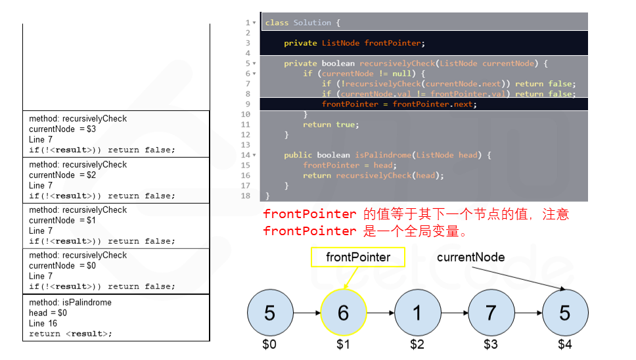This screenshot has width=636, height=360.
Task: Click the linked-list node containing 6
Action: click(x=343, y=313)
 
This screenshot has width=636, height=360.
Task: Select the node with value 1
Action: click(x=417, y=313)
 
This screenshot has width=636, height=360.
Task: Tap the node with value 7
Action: click(x=491, y=313)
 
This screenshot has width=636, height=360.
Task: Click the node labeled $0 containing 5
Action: click(x=269, y=313)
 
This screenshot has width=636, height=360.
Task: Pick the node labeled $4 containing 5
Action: click(x=565, y=313)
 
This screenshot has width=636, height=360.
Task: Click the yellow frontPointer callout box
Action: click(x=358, y=257)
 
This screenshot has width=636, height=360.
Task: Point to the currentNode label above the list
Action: click(x=470, y=257)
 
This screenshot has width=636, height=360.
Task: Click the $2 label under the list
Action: click(x=417, y=344)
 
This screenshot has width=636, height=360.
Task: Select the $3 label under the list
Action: click(x=491, y=344)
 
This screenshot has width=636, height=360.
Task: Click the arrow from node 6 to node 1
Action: click(x=380, y=313)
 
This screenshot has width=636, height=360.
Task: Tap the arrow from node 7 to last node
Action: click(x=528, y=313)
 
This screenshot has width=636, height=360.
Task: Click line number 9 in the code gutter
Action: click(x=248, y=104)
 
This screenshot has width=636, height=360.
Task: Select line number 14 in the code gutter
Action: click(x=246, y=155)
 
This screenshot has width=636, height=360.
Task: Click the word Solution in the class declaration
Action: click(x=312, y=22)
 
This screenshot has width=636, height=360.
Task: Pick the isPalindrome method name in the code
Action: click(x=384, y=155)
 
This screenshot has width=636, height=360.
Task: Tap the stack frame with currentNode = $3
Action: click(x=116, y=134)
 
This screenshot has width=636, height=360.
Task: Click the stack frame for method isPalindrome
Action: click(x=116, y=318)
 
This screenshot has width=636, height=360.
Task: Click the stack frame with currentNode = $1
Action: click(x=116, y=225)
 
